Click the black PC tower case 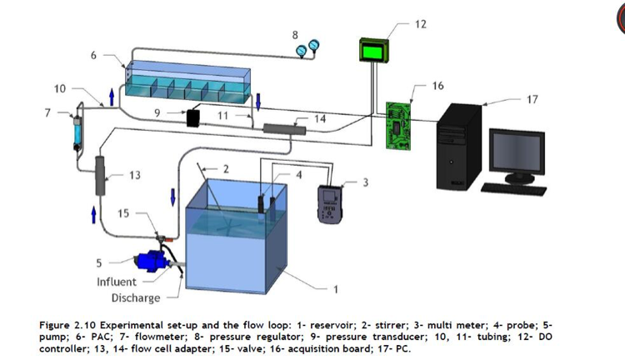(x=456, y=145)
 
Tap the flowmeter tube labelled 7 (x=80, y=126)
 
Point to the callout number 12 (x=420, y=24)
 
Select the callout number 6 (x=93, y=55)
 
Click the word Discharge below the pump (x=136, y=297)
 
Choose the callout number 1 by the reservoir (x=335, y=290)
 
